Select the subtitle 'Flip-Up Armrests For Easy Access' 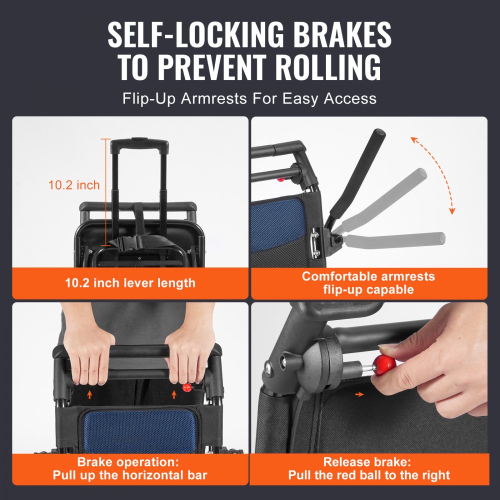click(x=249, y=98)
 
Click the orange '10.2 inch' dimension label click(x=74, y=185)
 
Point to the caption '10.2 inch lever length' click(x=130, y=283)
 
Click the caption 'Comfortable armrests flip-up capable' click(x=368, y=283)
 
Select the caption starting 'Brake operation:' click(x=130, y=468)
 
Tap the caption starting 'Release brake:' click(x=368, y=468)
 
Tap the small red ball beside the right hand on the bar click(x=187, y=387)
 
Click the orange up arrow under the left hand click(x=89, y=394)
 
